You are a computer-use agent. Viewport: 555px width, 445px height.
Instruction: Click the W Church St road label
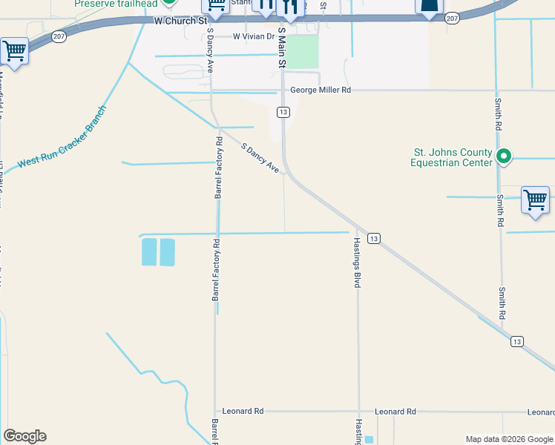point(181,22)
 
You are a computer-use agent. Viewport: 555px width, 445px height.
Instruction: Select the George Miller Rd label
point(320,90)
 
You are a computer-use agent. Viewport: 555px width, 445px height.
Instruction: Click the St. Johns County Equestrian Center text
point(453,158)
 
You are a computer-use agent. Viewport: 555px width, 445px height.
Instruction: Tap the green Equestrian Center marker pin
point(505,156)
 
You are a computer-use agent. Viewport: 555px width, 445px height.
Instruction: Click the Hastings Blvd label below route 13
point(357,263)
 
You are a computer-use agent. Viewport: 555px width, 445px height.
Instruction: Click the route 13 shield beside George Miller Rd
point(283,112)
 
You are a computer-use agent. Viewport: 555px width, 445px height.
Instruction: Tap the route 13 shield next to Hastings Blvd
point(375,238)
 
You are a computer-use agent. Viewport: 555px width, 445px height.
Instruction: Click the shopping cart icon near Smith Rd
point(535,200)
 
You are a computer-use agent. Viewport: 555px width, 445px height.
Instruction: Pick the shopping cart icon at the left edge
point(14,52)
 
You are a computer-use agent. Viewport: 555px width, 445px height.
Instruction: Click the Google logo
point(24,436)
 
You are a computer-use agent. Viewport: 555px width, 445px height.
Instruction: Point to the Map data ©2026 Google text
point(508,439)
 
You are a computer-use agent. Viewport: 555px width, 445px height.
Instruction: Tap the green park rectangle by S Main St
point(302,52)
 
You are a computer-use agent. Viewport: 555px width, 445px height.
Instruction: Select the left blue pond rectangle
point(148,252)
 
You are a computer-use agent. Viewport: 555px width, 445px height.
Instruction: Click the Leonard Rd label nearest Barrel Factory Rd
point(244,411)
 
